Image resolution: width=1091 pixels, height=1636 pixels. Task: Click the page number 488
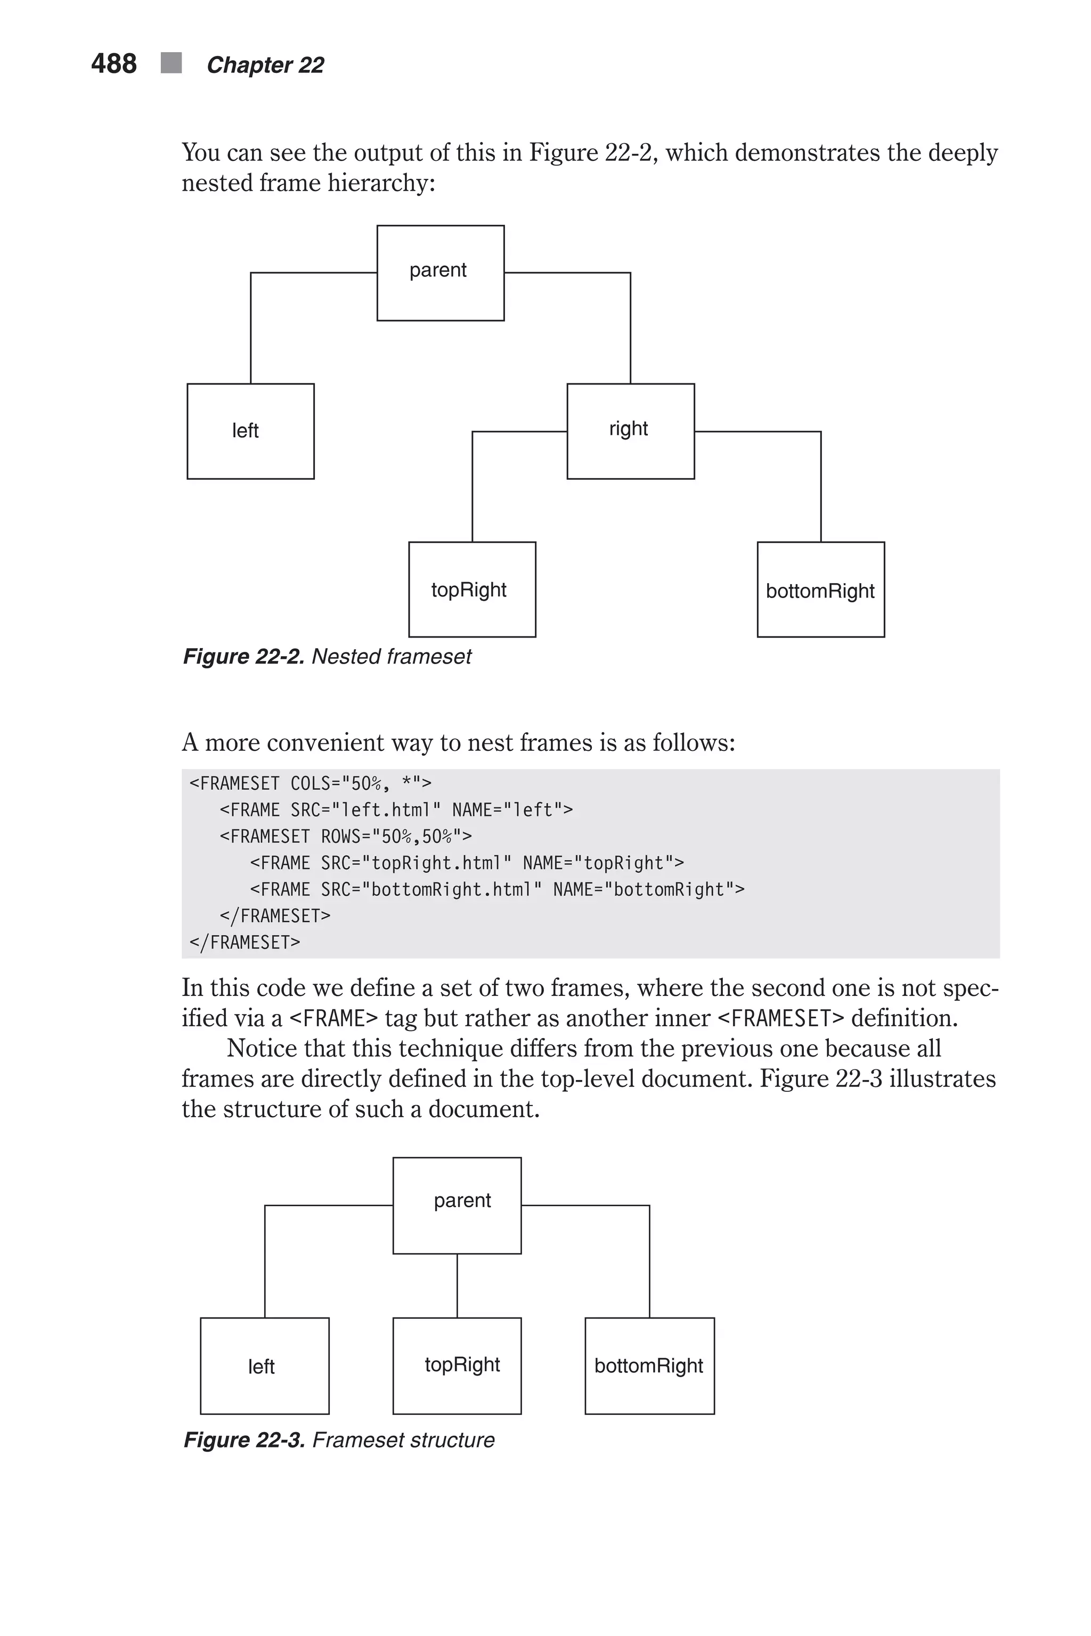coord(113,64)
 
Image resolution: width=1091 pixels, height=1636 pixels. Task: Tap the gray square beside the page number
coord(171,63)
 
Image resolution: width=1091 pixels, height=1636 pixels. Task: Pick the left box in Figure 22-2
coord(250,431)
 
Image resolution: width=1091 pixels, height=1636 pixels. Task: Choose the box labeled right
coord(630,431)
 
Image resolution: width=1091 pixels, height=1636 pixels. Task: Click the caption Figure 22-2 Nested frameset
coord(327,657)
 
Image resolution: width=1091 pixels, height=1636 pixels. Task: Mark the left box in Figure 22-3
coord(264,1365)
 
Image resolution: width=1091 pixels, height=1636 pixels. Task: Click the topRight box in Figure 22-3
coord(457,1365)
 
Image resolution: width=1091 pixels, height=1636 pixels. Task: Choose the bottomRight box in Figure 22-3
coord(649,1365)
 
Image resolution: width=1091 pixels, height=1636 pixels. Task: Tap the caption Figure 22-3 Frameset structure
coord(339,1440)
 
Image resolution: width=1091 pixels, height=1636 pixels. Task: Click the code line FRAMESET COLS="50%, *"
coord(311,784)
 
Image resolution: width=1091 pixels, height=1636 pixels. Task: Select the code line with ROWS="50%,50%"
coord(346,836)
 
